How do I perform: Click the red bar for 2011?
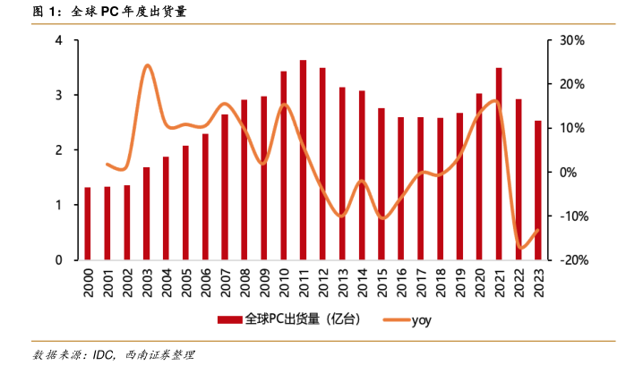pos(303,160)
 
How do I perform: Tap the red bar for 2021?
pos(499,164)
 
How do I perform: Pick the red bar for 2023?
pos(538,191)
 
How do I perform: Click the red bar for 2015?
pos(382,184)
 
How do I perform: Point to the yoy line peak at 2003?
pos(147,65)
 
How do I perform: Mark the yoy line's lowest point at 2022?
pos(520,249)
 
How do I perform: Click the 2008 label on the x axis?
pos(244,284)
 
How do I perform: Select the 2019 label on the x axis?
pos(460,284)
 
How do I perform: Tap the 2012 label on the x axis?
pos(322,284)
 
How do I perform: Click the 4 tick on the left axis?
pos(58,40)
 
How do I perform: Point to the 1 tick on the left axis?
pos(58,205)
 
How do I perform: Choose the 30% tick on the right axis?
pos(572,40)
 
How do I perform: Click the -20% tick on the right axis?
pos(570,260)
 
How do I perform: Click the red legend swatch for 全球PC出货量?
pos(230,318)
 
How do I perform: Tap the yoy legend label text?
pos(422,318)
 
